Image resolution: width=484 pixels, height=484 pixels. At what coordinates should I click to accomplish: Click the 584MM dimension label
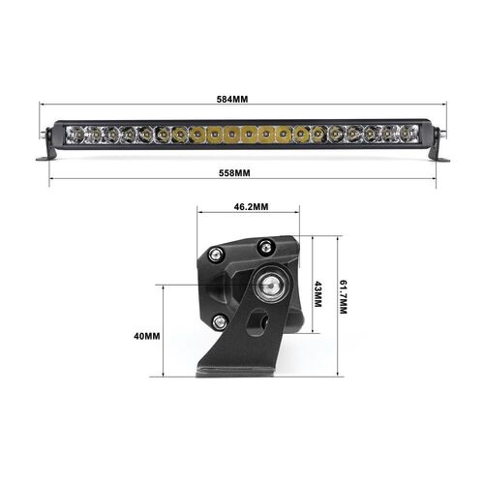(242, 99)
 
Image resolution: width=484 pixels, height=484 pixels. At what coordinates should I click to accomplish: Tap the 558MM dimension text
(242, 172)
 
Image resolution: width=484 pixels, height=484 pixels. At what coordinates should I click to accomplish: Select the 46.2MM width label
(250, 207)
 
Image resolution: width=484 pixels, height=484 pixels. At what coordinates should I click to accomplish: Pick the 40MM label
(146, 336)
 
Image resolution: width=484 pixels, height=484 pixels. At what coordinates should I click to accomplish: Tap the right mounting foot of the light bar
(440, 156)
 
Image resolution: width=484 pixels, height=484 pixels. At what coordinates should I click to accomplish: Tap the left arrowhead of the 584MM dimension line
(43, 108)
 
